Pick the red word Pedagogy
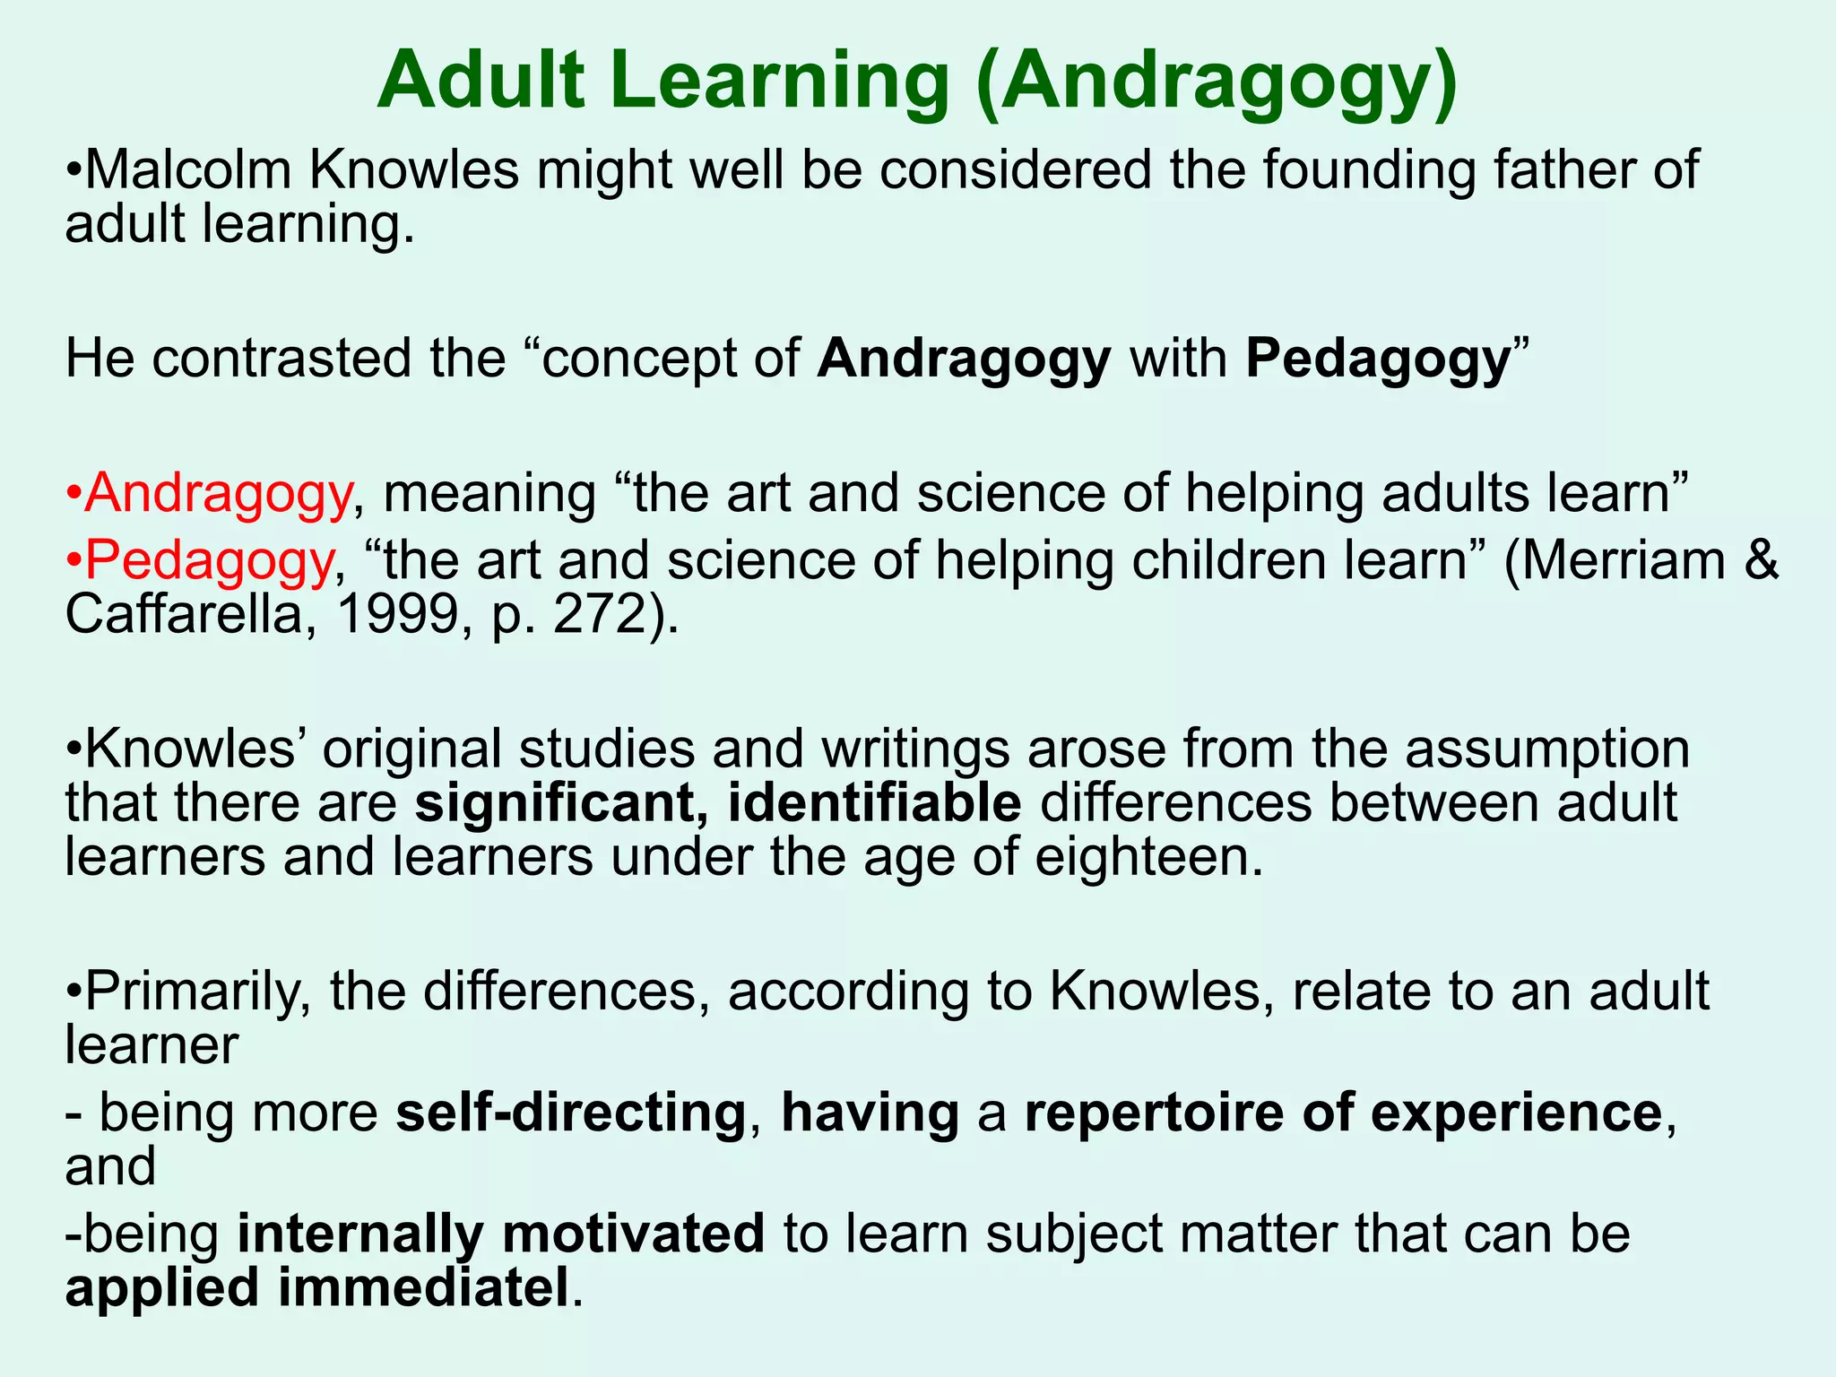coord(209,560)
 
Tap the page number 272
coord(605,615)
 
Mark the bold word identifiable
coord(874,802)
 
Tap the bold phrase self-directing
coord(571,1113)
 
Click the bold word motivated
coord(633,1234)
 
